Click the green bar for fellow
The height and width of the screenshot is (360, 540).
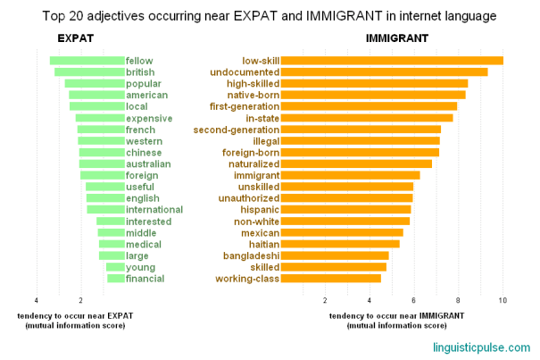coord(87,61)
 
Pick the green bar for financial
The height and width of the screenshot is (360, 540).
coord(115,278)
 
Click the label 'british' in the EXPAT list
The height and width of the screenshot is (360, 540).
coord(140,71)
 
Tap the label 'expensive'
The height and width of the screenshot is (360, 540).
coord(149,118)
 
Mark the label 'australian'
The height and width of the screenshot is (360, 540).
coord(148,163)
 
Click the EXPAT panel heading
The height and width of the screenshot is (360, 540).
coord(75,38)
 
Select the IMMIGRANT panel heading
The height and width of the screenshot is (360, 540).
coord(396,38)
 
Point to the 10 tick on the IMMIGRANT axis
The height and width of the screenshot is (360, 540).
coord(503,300)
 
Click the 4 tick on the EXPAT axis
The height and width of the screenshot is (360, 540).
coord(37,300)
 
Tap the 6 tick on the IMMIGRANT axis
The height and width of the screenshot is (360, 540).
coord(413,300)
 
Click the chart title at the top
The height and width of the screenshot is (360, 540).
coord(270,15)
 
